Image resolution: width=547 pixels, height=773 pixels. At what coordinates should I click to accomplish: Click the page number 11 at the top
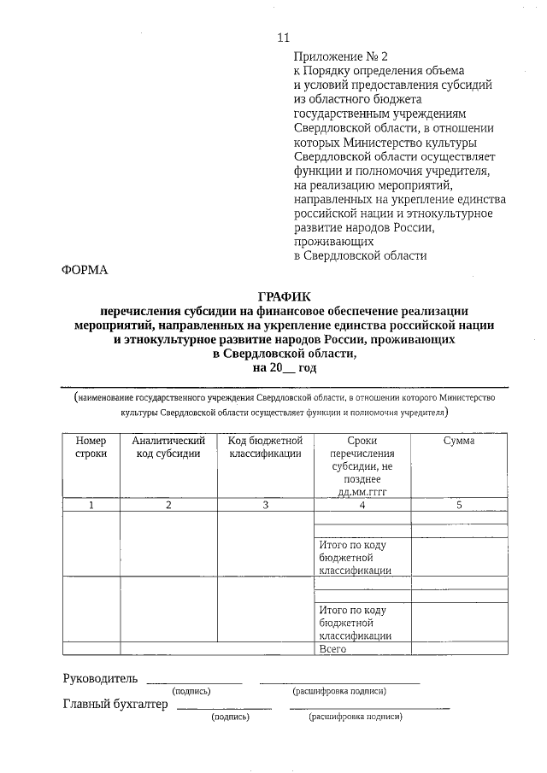[x=284, y=37]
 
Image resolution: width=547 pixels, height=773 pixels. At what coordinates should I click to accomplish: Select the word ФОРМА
[x=85, y=270]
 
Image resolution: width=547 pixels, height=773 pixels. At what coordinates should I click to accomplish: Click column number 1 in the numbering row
[x=91, y=506]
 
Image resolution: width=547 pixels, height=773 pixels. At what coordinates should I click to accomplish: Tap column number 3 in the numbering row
[x=265, y=506]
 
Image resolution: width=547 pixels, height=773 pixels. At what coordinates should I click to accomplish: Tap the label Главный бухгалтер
[x=115, y=705]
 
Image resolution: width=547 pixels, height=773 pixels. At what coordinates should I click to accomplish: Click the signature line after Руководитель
[x=194, y=682]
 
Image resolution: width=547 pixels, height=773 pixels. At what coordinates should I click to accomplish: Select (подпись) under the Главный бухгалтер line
[x=230, y=717]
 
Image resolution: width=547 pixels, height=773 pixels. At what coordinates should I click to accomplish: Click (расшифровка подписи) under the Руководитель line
[x=339, y=691]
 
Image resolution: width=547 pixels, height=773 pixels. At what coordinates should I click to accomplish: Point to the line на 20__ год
[x=282, y=367]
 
